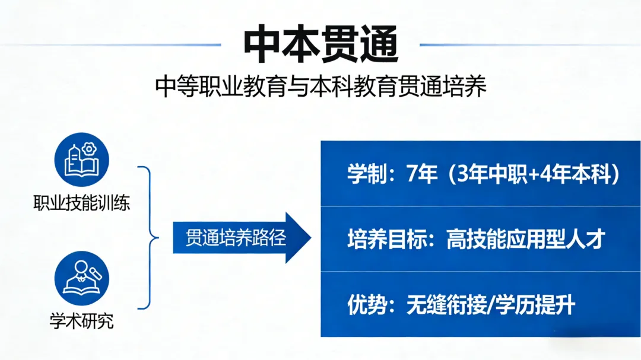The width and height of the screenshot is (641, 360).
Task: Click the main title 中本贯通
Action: pos(320,45)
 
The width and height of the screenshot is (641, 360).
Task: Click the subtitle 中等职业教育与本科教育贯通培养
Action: pos(320,87)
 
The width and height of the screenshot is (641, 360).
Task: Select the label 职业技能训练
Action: pos(82,203)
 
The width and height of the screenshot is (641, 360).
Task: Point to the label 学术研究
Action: pos(82,322)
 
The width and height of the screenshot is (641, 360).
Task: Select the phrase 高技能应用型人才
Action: pos(525,240)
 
